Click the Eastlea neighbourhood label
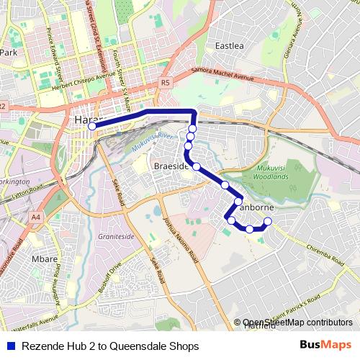point(230,46)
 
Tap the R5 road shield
point(166,82)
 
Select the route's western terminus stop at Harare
point(92,126)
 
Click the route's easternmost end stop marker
point(268,221)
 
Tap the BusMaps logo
point(326,346)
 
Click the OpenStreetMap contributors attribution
point(297,323)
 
